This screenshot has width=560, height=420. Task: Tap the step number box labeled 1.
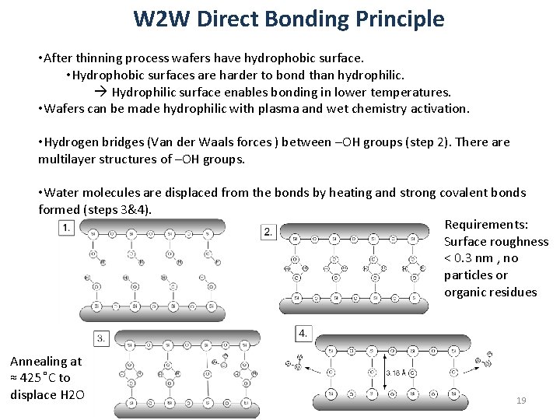(x=68, y=226)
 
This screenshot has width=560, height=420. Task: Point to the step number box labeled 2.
(x=268, y=232)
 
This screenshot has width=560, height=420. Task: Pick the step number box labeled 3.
(x=102, y=338)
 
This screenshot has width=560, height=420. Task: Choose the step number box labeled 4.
(x=303, y=333)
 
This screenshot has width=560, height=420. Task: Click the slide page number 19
(x=521, y=400)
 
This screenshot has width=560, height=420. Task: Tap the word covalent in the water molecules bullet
(x=456, y=192)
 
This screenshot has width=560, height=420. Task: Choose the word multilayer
(x=68, y=159)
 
